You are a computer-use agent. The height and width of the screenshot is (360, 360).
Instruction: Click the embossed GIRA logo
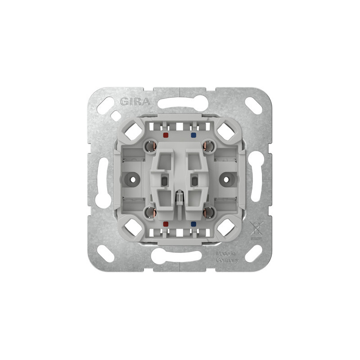click(x=135, y=102)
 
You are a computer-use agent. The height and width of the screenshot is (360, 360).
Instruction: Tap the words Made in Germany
click(x=227, y=257)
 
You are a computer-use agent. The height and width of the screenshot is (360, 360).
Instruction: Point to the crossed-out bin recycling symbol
click(x=256, y=229)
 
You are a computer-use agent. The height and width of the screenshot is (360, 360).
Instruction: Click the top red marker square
click(x=165, y=135)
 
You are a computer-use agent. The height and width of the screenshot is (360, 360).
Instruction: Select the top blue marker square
click(x=193, y=135)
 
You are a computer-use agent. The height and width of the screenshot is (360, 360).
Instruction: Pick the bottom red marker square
click(x=165, y=224)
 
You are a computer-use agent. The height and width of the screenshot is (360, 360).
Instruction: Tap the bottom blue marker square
click(x=193, y=224)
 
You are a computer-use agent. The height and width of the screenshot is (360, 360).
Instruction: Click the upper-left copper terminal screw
click(x=151, y=146)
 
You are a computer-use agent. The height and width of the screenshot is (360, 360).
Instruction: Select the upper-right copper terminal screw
click(x=208, y=146)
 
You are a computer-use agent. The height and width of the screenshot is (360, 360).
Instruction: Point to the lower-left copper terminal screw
click(x=151, y=212)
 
